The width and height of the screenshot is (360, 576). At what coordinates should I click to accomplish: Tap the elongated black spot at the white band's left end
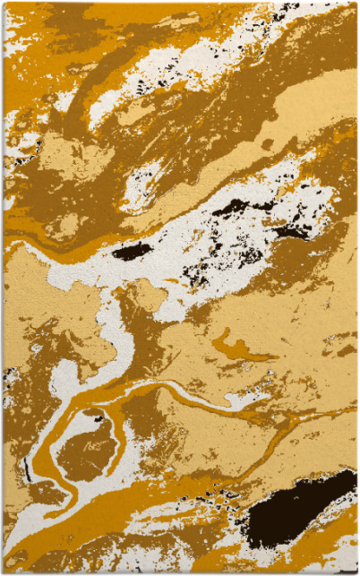[132, 252]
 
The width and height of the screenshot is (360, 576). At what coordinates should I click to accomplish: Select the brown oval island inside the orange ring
[87, 446]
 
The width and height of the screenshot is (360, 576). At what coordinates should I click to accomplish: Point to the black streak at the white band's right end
[292, 232]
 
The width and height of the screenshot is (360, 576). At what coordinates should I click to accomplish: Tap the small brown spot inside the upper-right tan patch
[267, 143]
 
